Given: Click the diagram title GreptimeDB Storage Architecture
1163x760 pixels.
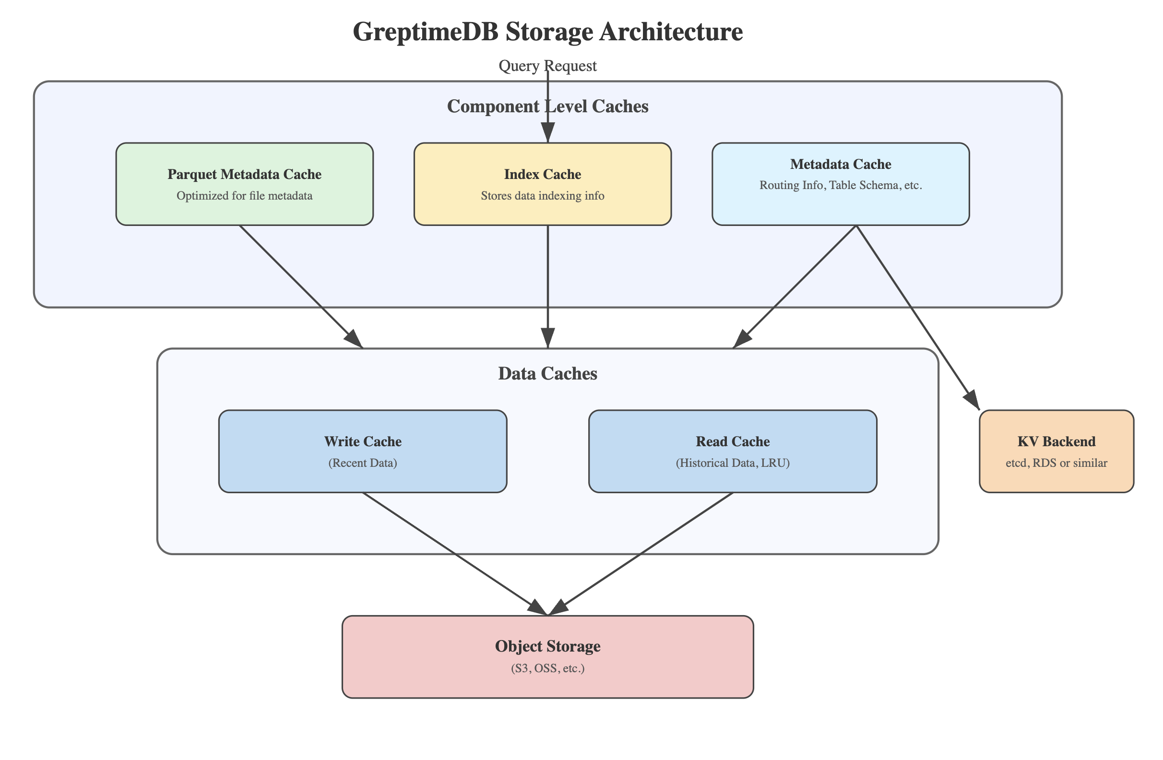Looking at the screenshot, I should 547,32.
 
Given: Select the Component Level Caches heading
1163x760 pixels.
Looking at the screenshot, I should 547,107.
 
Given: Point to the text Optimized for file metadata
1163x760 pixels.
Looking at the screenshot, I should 244,196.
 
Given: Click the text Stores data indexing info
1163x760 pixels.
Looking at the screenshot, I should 543,196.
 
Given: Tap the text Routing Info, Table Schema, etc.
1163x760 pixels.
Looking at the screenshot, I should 841,186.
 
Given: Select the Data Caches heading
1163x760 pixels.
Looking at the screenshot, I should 547,374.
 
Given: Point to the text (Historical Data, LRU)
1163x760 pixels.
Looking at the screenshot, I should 733,463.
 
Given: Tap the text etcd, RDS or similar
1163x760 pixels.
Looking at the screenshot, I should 1056,463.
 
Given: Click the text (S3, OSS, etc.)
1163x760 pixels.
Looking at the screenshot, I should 547,668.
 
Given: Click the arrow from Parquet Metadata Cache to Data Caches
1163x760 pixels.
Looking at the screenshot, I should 300,286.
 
